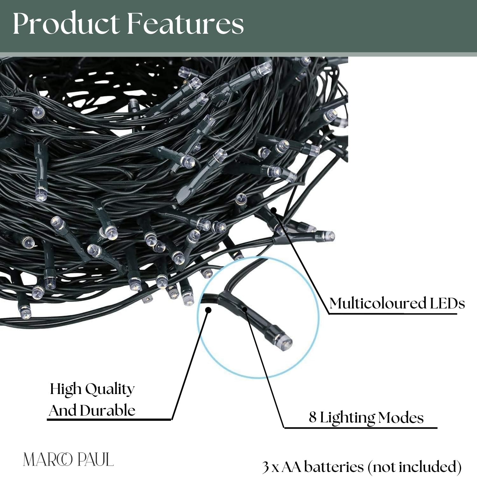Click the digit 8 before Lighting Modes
click(313, 417)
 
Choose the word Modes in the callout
click(401, 418)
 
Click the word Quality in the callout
click(110, 390)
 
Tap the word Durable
click(108, 411)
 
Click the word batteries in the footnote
click(334, 467)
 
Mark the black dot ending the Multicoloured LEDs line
click(273, 210)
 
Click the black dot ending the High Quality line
click(208, 310)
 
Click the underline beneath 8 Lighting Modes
click(361, 428)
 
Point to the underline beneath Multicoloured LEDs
click(393, 314)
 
